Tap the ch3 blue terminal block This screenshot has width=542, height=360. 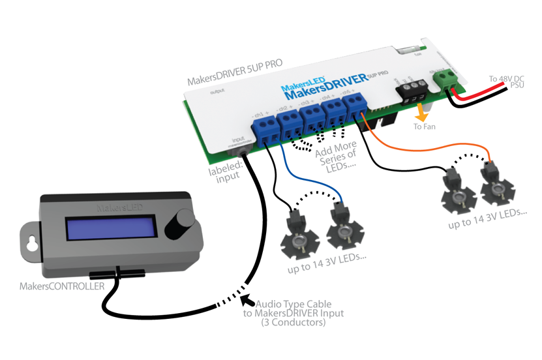coord(310,115)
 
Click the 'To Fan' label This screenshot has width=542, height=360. coord(425,127)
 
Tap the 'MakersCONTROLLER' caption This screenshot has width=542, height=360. coord(63,286)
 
